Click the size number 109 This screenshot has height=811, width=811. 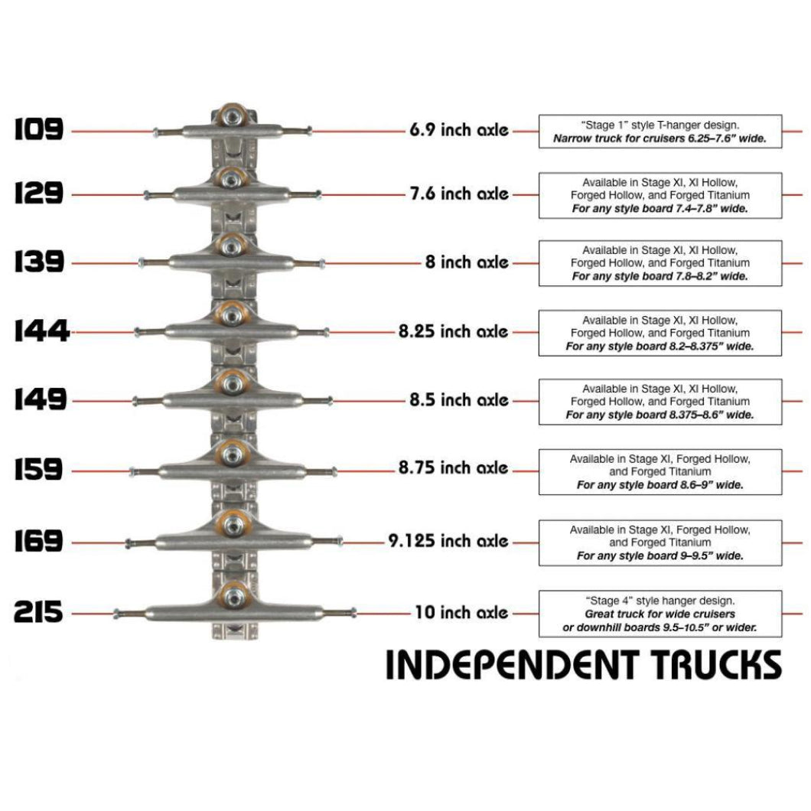[38, 130]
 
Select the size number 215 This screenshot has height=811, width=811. [38, 613]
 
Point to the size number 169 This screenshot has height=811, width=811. [38, 542]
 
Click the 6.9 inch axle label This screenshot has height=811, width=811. [458, 131]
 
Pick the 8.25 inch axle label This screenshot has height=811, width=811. [453, 332]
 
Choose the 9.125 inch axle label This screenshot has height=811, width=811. [448, 542]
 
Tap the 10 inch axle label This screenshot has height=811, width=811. [461, 613]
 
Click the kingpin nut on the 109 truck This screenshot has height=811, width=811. [233, 116]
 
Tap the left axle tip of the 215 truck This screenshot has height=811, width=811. [117, 613]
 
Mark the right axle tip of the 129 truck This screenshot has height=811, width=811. [318, 194]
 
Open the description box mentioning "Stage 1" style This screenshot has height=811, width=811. [660, 132]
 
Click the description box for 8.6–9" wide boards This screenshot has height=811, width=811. [660, 472]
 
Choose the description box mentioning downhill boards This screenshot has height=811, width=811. [660, 614]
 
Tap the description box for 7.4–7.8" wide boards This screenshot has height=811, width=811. [660, 195]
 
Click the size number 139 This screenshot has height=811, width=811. [38, 262]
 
